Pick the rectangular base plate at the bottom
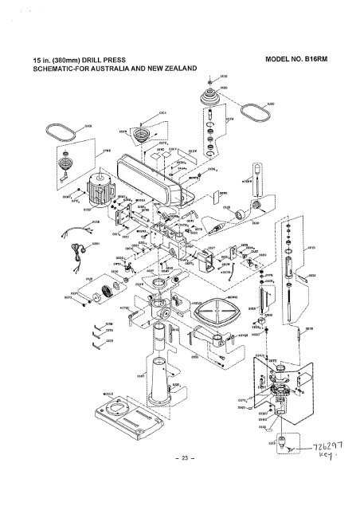pos(127,418)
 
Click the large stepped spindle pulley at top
pos(210,95)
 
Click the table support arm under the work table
pos(222,342)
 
